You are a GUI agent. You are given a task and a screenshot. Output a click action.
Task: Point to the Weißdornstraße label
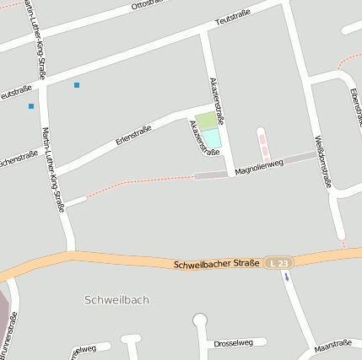pyautogui.click(x=322, y=160)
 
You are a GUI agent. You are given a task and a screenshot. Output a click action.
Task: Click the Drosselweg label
pyautogui.click(x=234, y=342)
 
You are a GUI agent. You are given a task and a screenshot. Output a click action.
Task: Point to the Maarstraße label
pyautogui.click(x=332, y=344)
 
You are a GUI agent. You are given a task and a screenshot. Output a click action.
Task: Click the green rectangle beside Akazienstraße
pyautogui.click(x=205, y=121)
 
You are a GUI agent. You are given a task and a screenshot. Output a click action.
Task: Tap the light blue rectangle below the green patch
pyautogui.click(x=211, y=137)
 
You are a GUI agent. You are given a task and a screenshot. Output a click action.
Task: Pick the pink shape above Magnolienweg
pyautogui.click(x=264, y=145)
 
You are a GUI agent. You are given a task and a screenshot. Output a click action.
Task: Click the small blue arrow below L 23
pyautogui.click(x=286, y=277)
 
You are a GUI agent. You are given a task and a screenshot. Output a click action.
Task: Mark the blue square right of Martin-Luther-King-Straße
pyautogui.click(x=77, y=85)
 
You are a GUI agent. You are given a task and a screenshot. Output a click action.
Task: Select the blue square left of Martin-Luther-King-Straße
pyautogui.click(x=31, y=106)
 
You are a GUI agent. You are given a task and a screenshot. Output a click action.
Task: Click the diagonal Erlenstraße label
pyautogui.click(x=132, y=135)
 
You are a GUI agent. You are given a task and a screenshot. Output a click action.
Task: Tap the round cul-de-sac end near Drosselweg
pyautogui.click(x=200, y=319)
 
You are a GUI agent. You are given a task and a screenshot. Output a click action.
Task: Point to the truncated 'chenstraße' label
pyautogui.click(x=19, y=159)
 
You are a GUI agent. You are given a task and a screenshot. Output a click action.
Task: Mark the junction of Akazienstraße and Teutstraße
pyautogui.click(x=205, y=32)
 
